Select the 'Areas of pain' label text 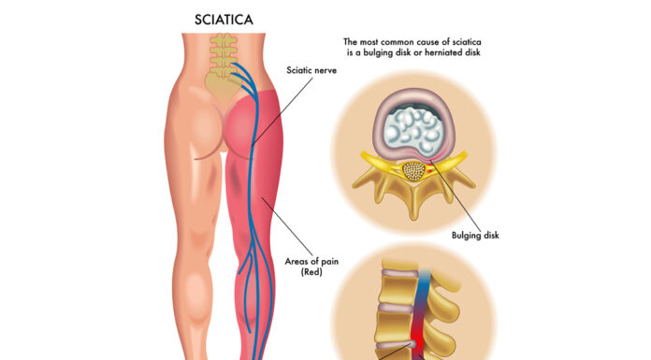pyautogui.click(x=311, y=261)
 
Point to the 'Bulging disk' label pyautogui.click(x=474, y=236)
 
